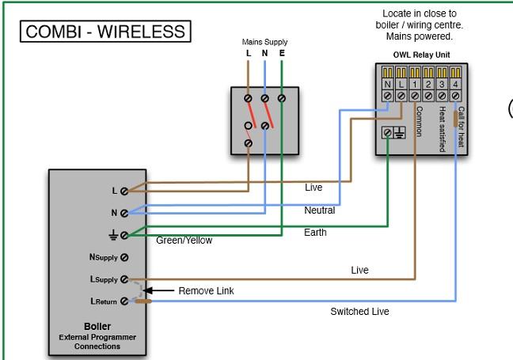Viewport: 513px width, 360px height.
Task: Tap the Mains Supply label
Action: [264, 42]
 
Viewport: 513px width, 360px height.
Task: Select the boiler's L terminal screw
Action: [124, 191]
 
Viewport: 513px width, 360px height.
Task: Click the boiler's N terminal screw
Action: [124, 212]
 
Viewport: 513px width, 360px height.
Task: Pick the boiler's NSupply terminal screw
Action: [124, 256]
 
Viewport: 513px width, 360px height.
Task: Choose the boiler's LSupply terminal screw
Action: [124, 279]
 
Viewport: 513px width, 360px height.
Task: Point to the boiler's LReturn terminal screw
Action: [124, 301]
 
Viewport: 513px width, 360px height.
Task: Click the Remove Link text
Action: [206, 290]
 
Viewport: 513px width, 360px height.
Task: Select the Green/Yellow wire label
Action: [184, 241]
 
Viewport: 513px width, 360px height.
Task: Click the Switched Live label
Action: [359, 312]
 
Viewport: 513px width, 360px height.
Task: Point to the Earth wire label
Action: [316, 233]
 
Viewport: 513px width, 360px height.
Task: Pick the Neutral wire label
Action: [319, 210]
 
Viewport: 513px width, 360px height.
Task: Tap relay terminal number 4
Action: [455, 83]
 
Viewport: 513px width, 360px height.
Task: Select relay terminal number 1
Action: [415, 83]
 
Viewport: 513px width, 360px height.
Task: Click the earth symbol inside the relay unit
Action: [400, 134]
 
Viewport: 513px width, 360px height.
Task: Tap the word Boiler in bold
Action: [97, 326]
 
